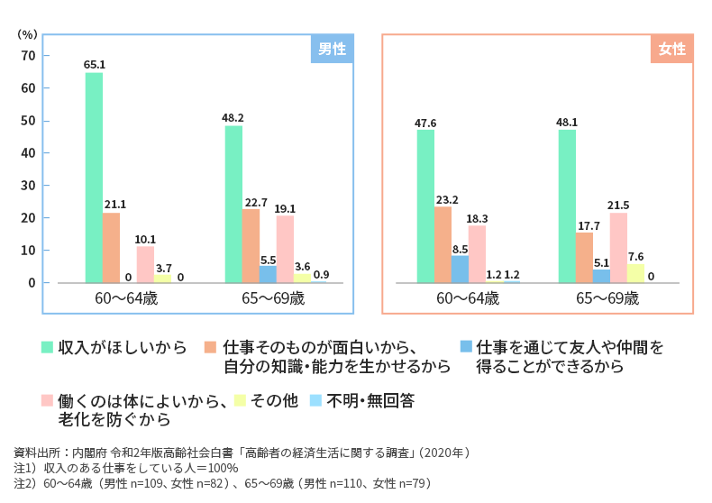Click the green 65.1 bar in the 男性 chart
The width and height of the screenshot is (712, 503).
(94, 178)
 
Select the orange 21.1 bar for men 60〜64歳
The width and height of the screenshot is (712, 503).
(111, 248)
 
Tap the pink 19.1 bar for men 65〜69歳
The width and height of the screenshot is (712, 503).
(285, 250)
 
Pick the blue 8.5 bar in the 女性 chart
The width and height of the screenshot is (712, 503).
(460, 269)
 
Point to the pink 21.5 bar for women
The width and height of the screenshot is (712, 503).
(618, 247)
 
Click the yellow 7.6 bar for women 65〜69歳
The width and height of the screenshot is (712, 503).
(635, 273)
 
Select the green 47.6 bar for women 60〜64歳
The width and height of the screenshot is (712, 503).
(425, 206)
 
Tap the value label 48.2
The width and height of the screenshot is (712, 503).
(233, 117)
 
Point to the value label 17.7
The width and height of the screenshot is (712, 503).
(584, 224)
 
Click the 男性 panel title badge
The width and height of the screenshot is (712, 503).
(333, 50)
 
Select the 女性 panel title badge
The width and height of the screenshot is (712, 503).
(672, 50)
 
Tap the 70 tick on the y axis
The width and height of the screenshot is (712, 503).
(29, 56)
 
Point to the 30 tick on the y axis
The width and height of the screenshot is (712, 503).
(29, 186)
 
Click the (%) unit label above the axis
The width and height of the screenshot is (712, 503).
(28, 33)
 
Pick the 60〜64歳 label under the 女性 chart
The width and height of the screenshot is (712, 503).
(468, 298)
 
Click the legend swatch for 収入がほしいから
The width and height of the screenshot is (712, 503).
(48, 347)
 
